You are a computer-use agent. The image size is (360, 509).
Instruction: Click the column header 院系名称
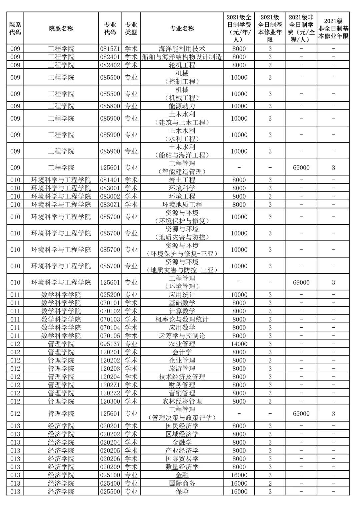pos(61,29)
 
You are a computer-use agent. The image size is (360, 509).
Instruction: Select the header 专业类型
pos(131,29)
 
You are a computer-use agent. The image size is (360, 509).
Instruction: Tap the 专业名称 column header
pos(182,29)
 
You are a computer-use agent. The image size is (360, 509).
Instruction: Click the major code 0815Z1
pos(110,49)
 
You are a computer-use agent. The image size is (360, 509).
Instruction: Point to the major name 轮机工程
pos(182,65)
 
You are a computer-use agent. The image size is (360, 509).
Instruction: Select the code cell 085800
pos(110,106)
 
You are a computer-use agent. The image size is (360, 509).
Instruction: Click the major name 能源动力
pos(182,106)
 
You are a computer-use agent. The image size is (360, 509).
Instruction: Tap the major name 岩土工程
pos(182,180)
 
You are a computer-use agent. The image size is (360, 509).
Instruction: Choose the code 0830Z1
pos(110,204)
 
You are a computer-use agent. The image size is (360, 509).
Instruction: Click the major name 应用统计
pos(182,295)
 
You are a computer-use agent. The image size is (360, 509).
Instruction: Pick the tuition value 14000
pos(239,344)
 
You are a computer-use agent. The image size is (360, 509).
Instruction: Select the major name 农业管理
pos(182,344)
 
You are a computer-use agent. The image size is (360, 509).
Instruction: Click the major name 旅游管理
pos(182,369)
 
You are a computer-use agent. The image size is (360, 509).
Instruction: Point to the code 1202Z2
pos(110,393)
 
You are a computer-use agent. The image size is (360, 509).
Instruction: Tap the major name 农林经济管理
pos(182,401)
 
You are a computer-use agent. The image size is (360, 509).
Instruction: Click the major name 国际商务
pos(182,483)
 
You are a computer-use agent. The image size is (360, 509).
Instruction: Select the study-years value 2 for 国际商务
pos(270,483)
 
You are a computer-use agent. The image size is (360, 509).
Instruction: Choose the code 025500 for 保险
pos(110,492)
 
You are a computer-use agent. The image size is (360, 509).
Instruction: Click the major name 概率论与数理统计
pos(182,319)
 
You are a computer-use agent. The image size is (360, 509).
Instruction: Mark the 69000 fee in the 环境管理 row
pos(301,282)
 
